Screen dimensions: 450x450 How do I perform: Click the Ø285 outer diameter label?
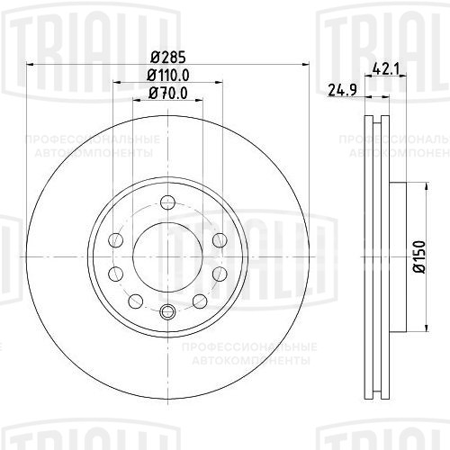(x=167, y=54)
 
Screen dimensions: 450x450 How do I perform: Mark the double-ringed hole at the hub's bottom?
(x=167, y=312)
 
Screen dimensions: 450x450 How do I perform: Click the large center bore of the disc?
(x=167, y=256)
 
